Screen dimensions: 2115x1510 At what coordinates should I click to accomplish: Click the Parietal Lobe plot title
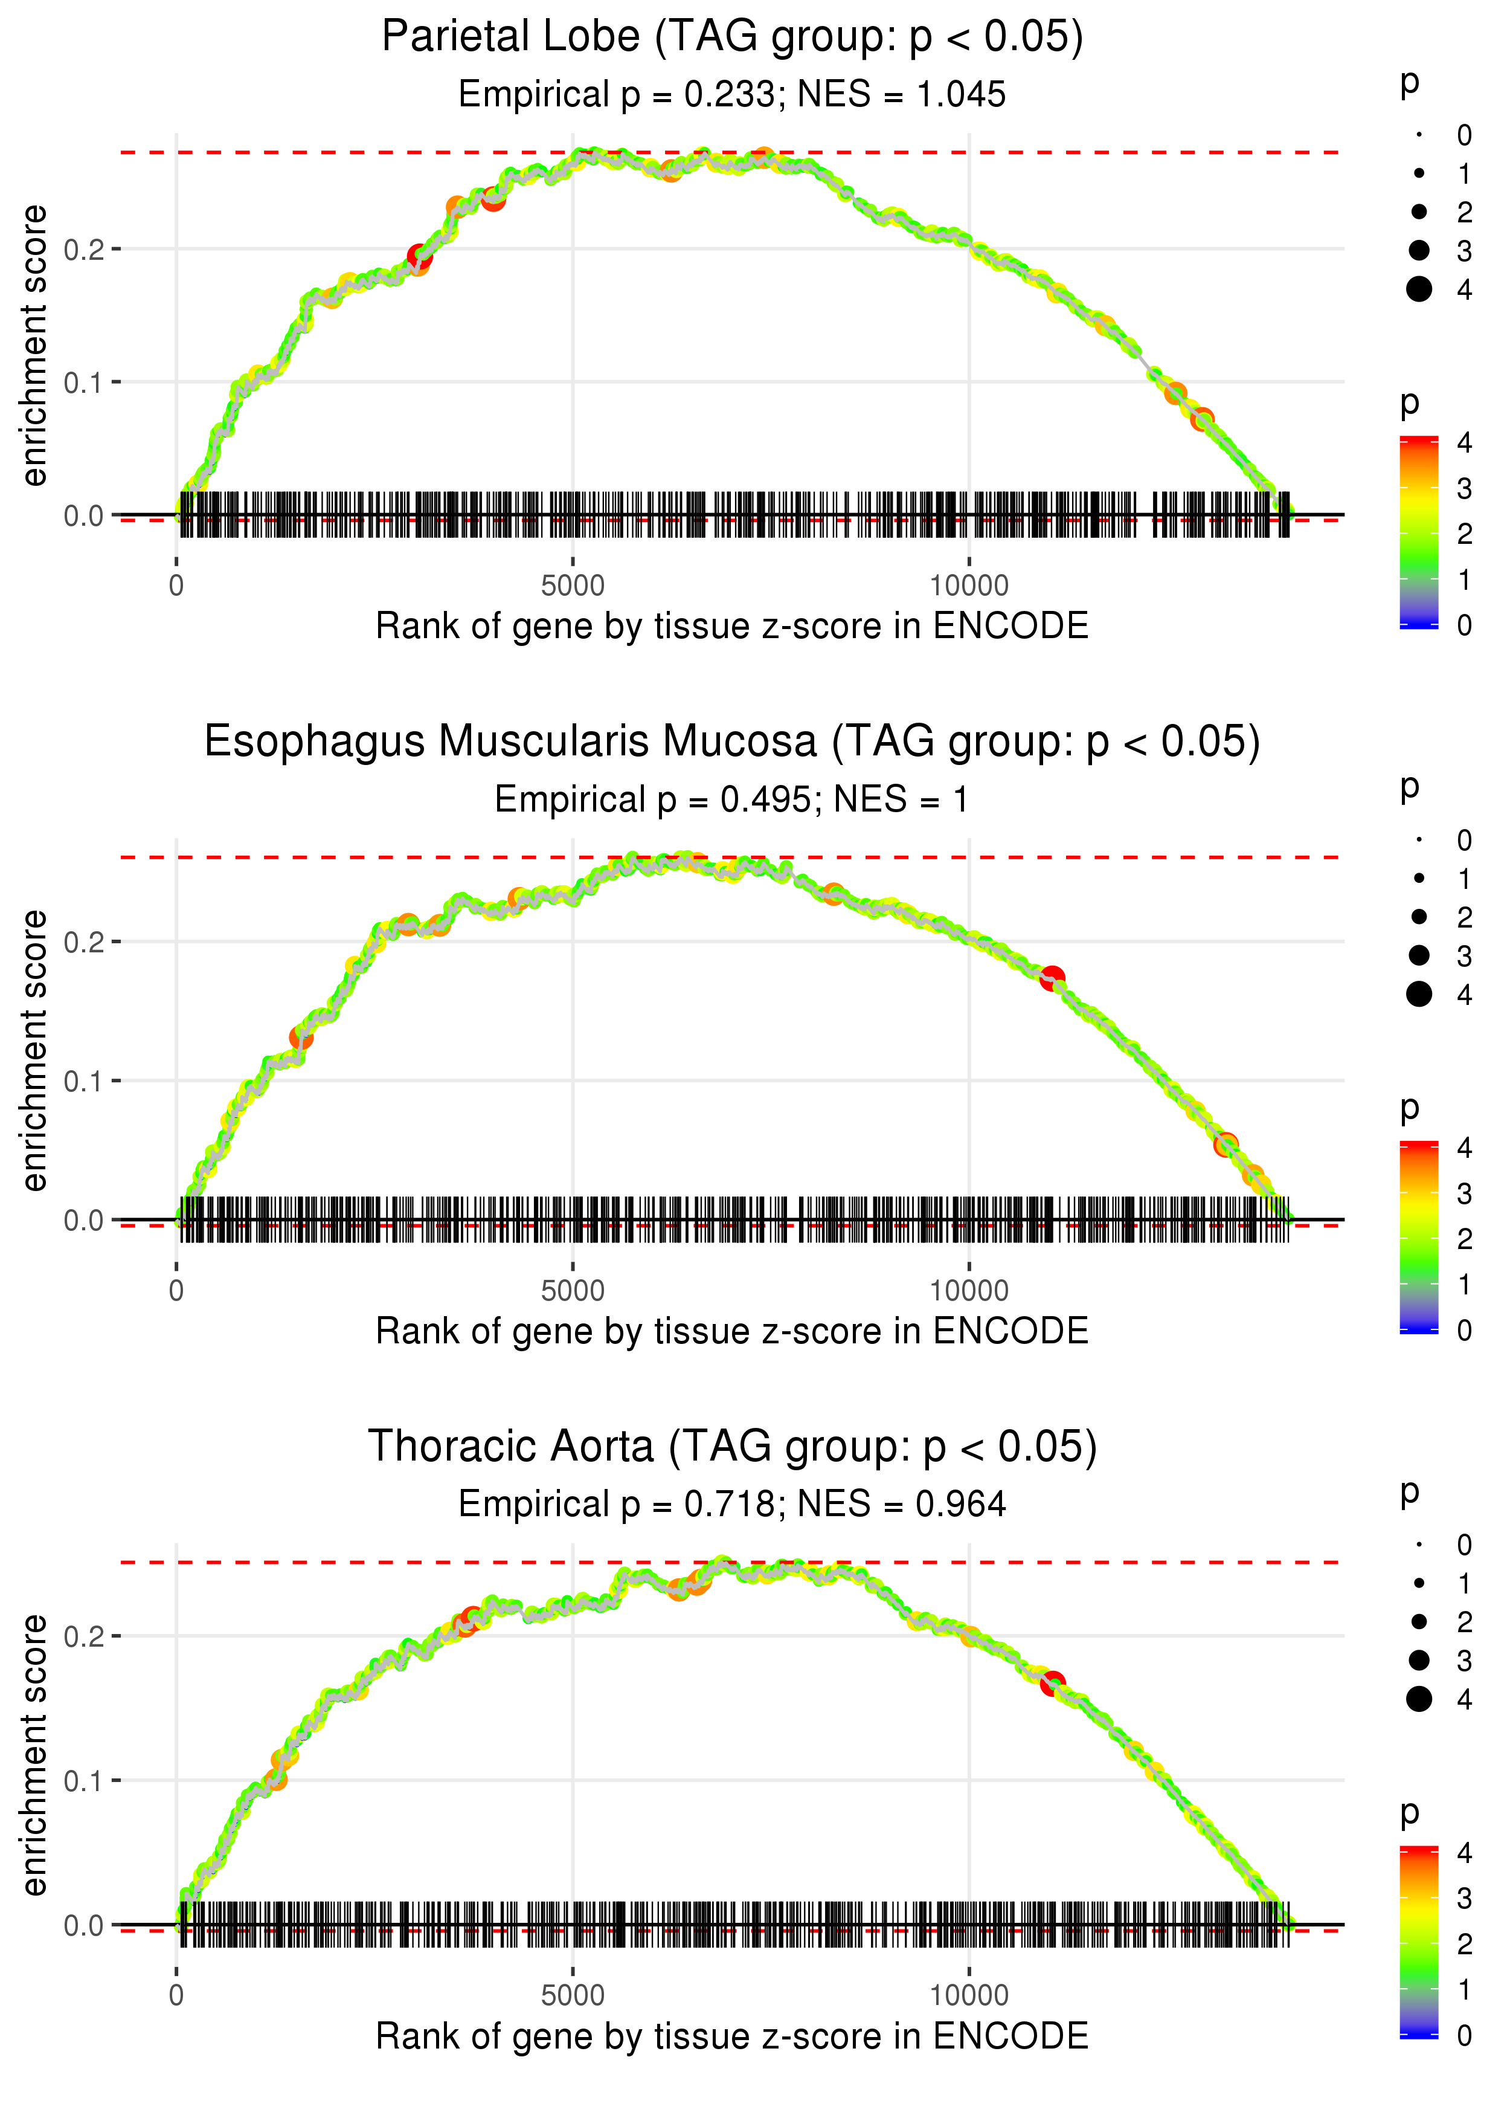732,37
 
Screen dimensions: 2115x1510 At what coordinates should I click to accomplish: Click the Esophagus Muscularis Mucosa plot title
732,742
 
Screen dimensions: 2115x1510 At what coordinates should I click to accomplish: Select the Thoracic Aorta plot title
732,1446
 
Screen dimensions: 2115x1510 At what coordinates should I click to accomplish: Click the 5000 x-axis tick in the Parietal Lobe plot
572,586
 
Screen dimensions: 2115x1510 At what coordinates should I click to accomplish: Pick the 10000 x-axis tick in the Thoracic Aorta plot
969,1995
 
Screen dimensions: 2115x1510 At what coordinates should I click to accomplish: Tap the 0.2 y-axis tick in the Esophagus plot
83,942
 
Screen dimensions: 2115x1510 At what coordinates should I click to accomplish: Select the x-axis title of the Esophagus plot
732,1331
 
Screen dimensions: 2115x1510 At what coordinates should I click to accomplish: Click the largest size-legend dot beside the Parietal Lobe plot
1419,289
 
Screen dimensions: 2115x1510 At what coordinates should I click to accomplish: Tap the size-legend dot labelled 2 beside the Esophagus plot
1419,917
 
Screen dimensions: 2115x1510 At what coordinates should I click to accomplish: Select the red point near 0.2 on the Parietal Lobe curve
419,257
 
